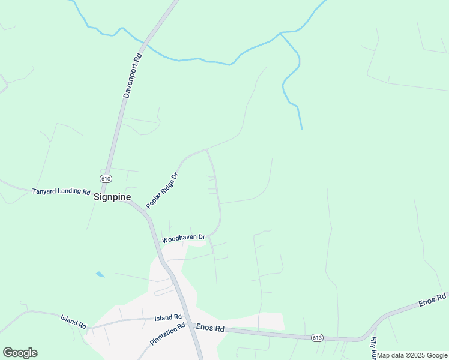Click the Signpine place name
[x=112, y=196]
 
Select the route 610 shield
[x=106, y=179]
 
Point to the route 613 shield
[x=318, y=338]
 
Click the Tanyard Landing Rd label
[x=61, y=193]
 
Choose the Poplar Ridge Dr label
[x=163, y=191]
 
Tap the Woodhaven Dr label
[x=184, y=239]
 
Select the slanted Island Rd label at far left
[x=73, y=321]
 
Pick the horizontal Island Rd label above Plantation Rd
[x=167, y=317]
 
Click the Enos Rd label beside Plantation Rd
[x=210, y=329]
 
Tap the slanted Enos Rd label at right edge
[x=432, y=299]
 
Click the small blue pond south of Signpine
[x=100, y=274]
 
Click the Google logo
[x=20, y=352]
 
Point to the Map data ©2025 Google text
[x=412, y=355]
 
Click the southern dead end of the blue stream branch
[x=301, y=128]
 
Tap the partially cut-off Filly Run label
[x=373, y=348]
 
